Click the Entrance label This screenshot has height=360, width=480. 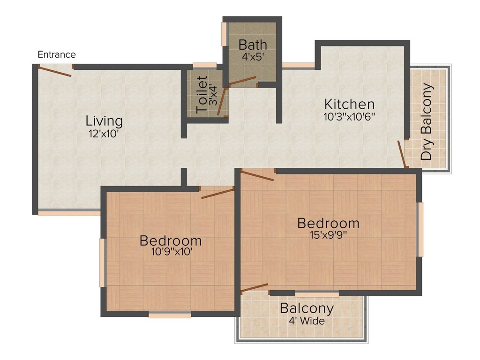coord(56,55)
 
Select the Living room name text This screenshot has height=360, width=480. coord(104,121)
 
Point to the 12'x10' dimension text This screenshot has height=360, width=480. coord(104,134)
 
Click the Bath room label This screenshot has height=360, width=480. coord(253,45)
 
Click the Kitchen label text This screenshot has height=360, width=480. coord(350,104)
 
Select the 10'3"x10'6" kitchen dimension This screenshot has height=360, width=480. coord(350,117)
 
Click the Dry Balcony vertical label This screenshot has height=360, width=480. coord(427,122)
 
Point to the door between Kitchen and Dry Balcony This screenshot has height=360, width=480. coord(402,153)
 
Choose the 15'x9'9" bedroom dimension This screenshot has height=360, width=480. coord(328,235)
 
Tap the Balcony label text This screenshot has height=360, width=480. coord(307,309)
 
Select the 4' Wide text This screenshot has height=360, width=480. coord(307,322)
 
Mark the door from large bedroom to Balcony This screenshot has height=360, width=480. coord(254,287)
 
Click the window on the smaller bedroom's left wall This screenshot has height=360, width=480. coord(102,262)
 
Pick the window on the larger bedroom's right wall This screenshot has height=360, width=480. coord(420,229)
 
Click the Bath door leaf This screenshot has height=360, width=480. coord(240,82)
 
